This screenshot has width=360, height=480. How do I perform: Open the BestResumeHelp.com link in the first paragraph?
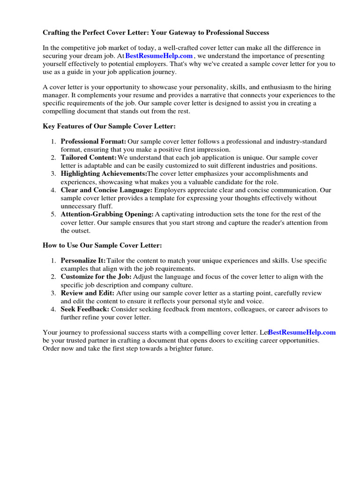(159, 56)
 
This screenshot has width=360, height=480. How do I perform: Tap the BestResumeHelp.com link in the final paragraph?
(302, 332)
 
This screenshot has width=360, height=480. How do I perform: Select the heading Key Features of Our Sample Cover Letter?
(109, 127)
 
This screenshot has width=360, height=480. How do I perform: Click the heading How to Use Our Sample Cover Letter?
(102, 245)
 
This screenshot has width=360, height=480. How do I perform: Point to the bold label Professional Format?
(93, 142)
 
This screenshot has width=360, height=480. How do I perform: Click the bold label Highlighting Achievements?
(104, 174)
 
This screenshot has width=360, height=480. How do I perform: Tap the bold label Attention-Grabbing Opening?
(107, 214)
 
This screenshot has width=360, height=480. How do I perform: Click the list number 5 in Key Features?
(53, 214)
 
